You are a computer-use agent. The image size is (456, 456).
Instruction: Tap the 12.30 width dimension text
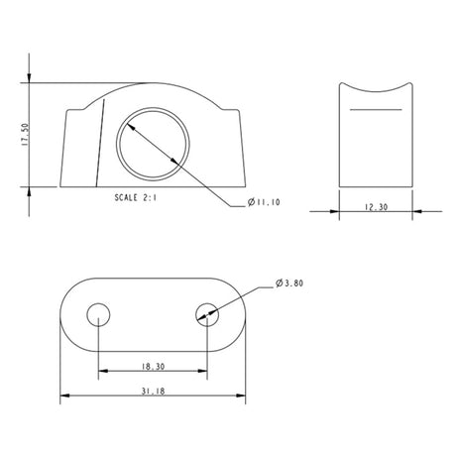coord(375,208)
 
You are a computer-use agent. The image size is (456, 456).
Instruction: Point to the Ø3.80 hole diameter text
coord(288,284)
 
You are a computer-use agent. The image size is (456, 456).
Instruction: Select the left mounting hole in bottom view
coord(97,315)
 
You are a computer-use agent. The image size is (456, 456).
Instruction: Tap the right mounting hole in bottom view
coord(207,315)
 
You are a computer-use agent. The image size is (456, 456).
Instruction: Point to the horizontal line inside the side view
coord(375,106)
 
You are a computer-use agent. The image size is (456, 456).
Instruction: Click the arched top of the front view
coord(154,86)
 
